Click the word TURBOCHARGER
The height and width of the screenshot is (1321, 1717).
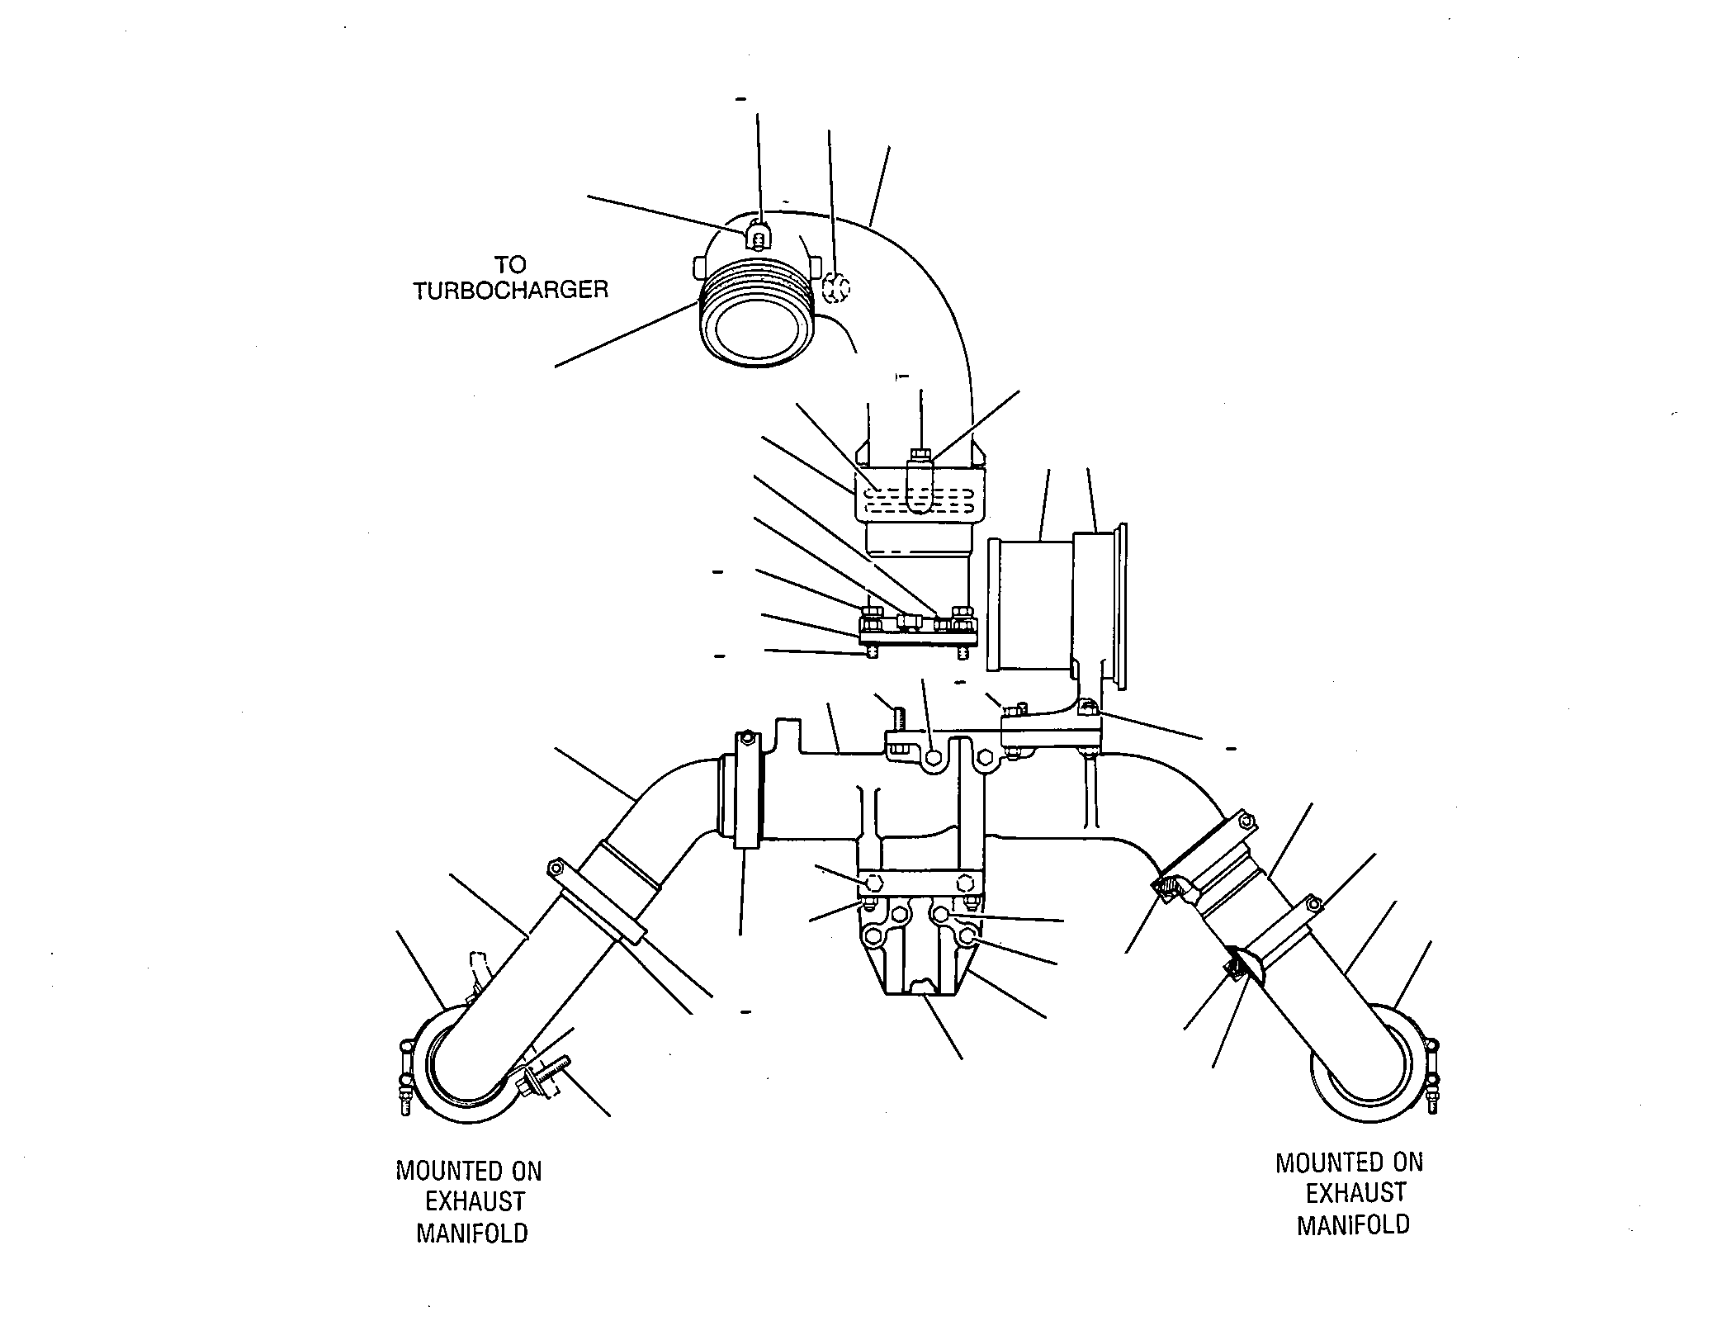511,291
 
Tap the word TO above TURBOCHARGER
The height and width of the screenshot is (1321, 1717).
510,264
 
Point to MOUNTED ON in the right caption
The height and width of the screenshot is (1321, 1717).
1350,1162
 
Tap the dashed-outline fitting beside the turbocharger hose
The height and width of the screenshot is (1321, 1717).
835,289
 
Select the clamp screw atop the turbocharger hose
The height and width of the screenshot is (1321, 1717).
759,234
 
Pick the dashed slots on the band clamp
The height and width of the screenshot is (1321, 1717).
918,500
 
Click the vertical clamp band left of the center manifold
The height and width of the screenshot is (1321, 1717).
747,789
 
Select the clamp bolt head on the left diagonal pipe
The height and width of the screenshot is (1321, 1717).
556,869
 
